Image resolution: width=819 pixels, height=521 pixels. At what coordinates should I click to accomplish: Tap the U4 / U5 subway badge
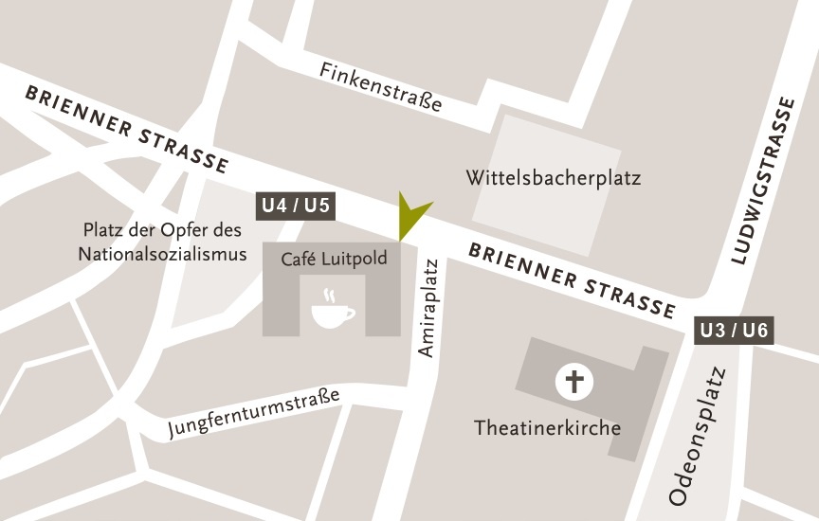(297, 206)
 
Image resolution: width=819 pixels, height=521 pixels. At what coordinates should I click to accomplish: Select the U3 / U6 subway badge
(734, 331)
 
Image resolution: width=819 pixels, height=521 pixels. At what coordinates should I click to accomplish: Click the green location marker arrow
(411, 216)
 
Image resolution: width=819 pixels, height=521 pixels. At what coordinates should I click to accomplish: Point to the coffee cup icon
(333, 314)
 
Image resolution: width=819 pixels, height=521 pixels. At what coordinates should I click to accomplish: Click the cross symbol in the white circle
(573, 383)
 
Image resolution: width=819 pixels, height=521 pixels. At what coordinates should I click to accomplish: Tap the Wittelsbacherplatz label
(554, 178)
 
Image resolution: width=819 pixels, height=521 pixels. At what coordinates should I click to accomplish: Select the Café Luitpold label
(334, 259)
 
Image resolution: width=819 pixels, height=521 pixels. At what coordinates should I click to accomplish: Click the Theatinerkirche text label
(548, 428)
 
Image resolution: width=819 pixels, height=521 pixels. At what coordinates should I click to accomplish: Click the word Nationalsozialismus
(162, 254)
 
